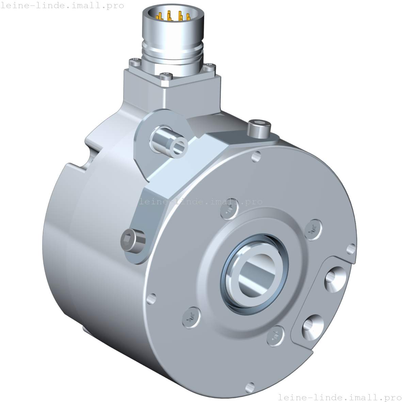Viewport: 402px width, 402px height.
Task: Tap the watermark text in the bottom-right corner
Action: pos(340,397)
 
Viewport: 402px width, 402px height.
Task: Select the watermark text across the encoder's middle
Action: pos(201,202)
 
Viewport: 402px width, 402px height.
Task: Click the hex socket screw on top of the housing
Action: pos(259,128)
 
